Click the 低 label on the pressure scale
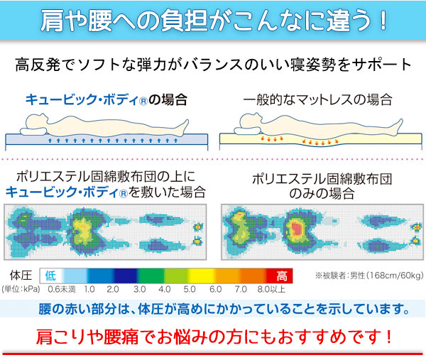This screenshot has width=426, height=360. [51, 275]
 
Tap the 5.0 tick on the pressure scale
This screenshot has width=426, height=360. [189, 290]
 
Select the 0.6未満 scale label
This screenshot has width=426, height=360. [62, 290]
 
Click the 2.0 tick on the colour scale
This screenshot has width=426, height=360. [112, 290]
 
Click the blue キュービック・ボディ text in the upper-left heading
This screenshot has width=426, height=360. [76, 100]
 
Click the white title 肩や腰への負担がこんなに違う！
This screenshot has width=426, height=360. [212, 19]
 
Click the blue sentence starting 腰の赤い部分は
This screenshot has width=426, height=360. [213, 310]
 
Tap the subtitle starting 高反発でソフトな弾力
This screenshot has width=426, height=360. [213, 66]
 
